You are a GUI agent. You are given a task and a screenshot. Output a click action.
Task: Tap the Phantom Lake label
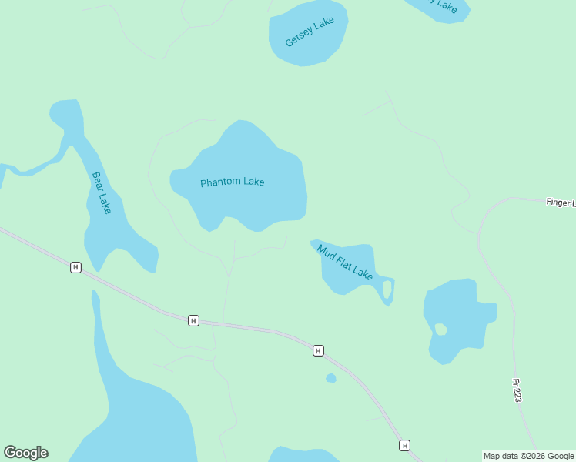[232, 182]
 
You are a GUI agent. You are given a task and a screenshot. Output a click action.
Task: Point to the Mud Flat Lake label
[345, 263]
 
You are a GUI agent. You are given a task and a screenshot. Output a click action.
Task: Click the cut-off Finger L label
[560, 203]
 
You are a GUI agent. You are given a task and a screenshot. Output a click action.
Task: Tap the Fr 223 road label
[517, 390]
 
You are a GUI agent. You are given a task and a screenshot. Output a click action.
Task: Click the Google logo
[25, 453]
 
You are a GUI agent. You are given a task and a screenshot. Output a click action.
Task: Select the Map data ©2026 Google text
[529, 456]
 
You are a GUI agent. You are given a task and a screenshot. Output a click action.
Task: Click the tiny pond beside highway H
[331, 378]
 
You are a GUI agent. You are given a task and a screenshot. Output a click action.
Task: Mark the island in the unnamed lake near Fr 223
[440, 330]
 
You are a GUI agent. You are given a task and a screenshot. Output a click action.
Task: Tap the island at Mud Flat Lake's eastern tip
[387, 290]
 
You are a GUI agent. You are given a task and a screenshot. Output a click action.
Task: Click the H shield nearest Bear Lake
[75, 267]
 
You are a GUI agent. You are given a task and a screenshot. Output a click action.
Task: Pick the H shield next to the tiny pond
[318, 351]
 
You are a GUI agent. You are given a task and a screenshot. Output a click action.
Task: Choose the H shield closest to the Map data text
[404, 445]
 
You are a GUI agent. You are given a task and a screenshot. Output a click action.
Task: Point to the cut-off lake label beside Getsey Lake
[444, 6]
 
